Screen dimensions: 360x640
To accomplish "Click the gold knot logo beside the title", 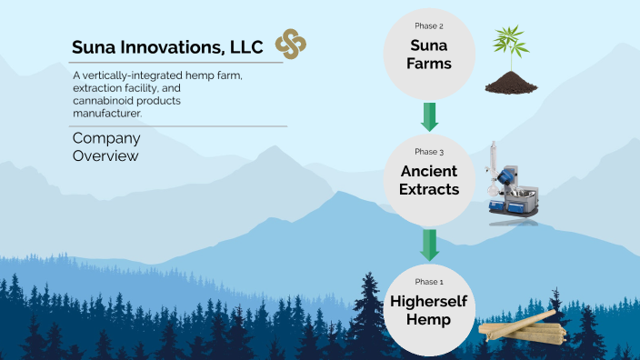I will [291, 44].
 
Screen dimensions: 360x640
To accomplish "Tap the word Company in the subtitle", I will [106, 138].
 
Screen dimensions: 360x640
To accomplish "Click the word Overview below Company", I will [105, 156].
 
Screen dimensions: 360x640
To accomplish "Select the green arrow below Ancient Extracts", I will [430, 244].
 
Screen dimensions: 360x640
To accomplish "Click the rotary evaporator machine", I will [511, 186].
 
